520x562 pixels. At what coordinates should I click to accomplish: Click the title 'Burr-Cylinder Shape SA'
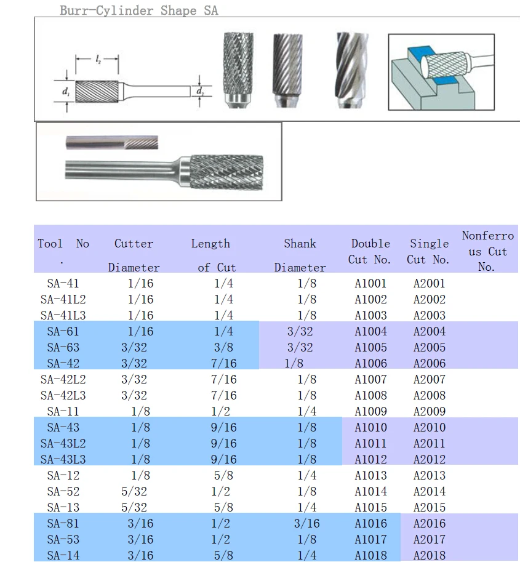pos(138,10)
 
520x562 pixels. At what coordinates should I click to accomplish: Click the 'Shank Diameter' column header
pos(300,255)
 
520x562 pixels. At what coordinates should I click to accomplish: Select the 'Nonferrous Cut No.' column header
pos(487,251)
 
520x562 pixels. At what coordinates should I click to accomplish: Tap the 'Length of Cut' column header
pos(210,255)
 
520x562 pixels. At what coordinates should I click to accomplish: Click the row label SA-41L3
pos(63,315)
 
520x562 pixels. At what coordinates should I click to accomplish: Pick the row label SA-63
pos(63,347)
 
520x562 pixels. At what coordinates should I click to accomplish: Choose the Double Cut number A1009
pos(370,411)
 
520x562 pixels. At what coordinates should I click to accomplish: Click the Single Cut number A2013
pos(429,475)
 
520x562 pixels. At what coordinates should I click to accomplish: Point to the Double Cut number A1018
pos(370,555)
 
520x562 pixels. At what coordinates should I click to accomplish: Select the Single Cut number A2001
pos(429,283)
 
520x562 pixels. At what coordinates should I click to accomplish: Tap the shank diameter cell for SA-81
pos(306,523)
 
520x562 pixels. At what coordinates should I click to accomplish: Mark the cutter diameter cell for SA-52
pos(134,491)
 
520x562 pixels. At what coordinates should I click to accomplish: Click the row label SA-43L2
pos(63,443)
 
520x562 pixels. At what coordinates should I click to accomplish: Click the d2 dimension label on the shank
pos(200,91)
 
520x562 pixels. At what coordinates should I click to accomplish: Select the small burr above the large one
pos(111,142)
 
